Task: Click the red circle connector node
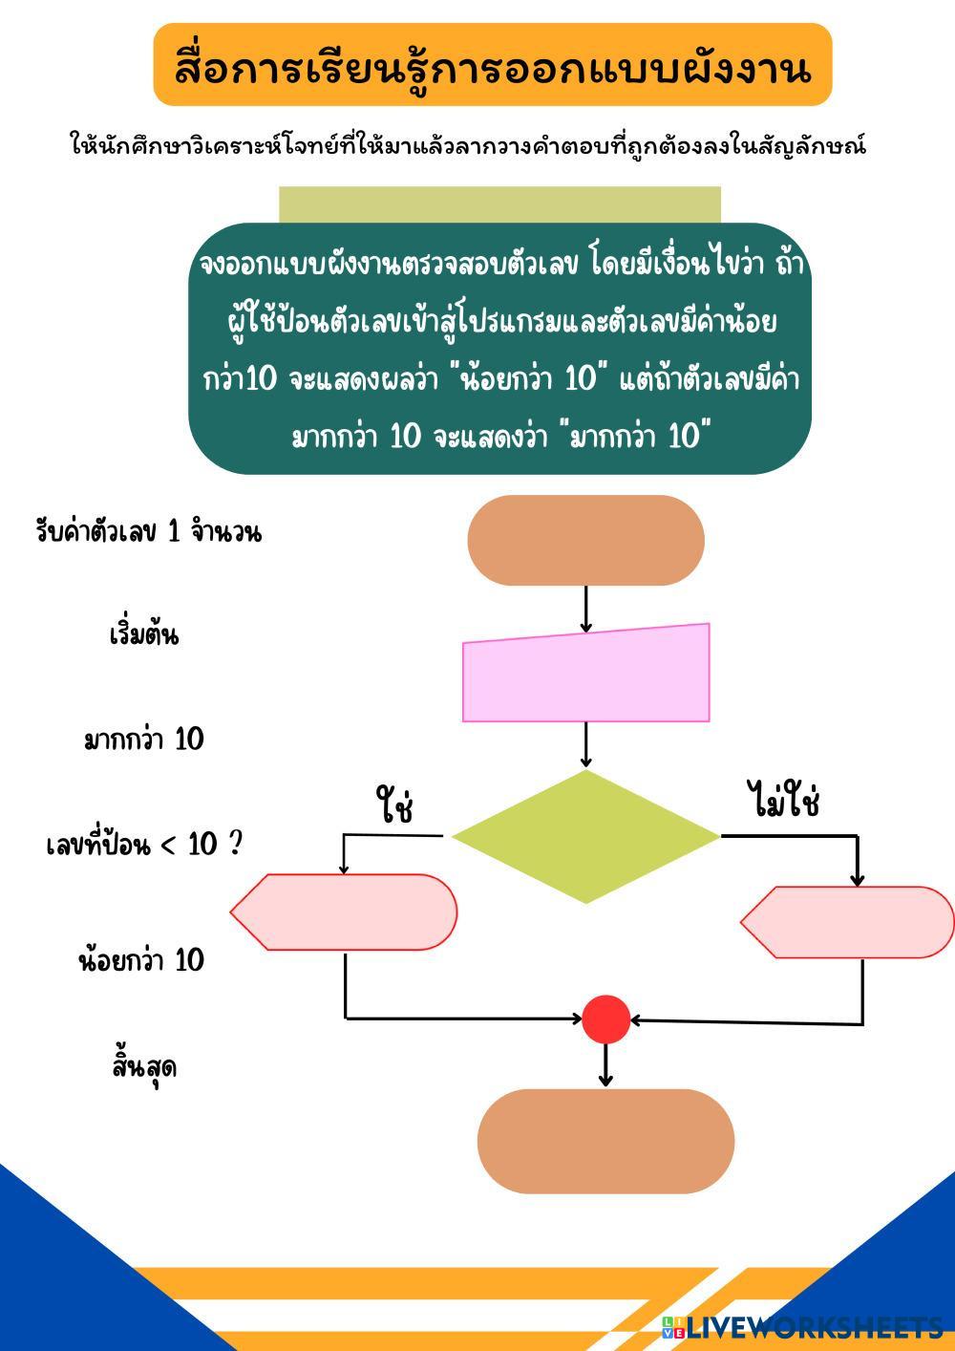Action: coord(606,1019)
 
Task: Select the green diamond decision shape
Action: coord(585,837)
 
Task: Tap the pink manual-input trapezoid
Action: coord(586,675)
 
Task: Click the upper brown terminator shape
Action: coord(585,540)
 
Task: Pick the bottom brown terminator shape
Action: coord(605,1141)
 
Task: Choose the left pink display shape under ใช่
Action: coord(345,911)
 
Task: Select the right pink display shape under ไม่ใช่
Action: coord(849,922)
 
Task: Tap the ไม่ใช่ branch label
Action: coord(783,801)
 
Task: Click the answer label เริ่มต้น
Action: coord(143,635)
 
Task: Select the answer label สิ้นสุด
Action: coord(143,1067)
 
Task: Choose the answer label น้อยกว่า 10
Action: coord(141,959)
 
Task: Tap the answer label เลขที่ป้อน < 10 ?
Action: coord(143,845)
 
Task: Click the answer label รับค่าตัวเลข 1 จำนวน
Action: coord(148,532)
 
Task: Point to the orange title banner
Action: coord(493,65)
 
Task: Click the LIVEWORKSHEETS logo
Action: coord(802,1326)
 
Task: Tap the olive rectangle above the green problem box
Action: coord(499,204)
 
